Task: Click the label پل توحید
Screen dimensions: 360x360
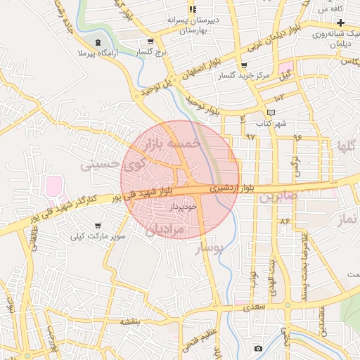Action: (x=153, y=89)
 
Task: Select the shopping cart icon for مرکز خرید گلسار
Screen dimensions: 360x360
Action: (x=243, y=65)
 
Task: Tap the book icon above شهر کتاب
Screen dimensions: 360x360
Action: (x=271, y=113)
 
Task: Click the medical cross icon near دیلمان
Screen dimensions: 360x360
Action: (x=340, y=23)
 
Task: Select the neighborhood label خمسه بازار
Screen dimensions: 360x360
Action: (x=172, y=143)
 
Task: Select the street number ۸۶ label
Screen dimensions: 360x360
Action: (x=285, y=221)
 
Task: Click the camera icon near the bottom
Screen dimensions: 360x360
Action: (x=258, y=349)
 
